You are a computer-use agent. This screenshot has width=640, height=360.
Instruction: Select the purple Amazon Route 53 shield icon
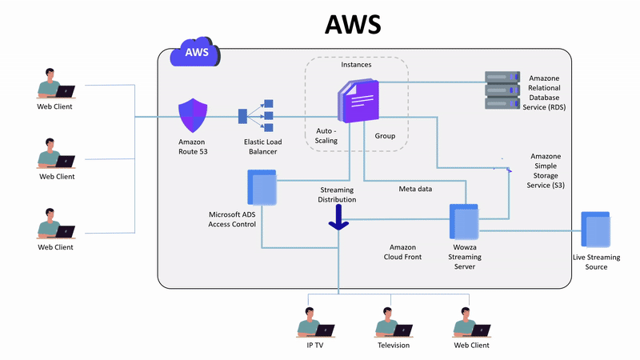pyautogui.click(x=193, y=116)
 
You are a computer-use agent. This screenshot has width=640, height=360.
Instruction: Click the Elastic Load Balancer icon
pyautogui.click(x=257, y=116)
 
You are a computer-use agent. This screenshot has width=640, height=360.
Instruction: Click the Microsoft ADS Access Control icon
pyautogui.click(x=262, y=190)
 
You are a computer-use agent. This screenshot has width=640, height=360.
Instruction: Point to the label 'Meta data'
pyautogui.click(x=415, y=189)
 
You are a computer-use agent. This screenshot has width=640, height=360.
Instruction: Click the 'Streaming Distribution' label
pyautogui.click(x=338, y=194)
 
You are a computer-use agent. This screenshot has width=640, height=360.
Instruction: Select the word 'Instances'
pyautogui.click(x=356, y=64)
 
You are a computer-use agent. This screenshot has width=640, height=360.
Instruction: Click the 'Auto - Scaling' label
pyautogui.click(x=326, y=135)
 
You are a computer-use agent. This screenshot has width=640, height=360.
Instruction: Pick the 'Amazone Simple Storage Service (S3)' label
pyautogui.click(x=550, y=169)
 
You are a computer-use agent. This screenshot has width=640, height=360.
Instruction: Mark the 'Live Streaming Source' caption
pyautogui.click(x=595, y=262)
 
